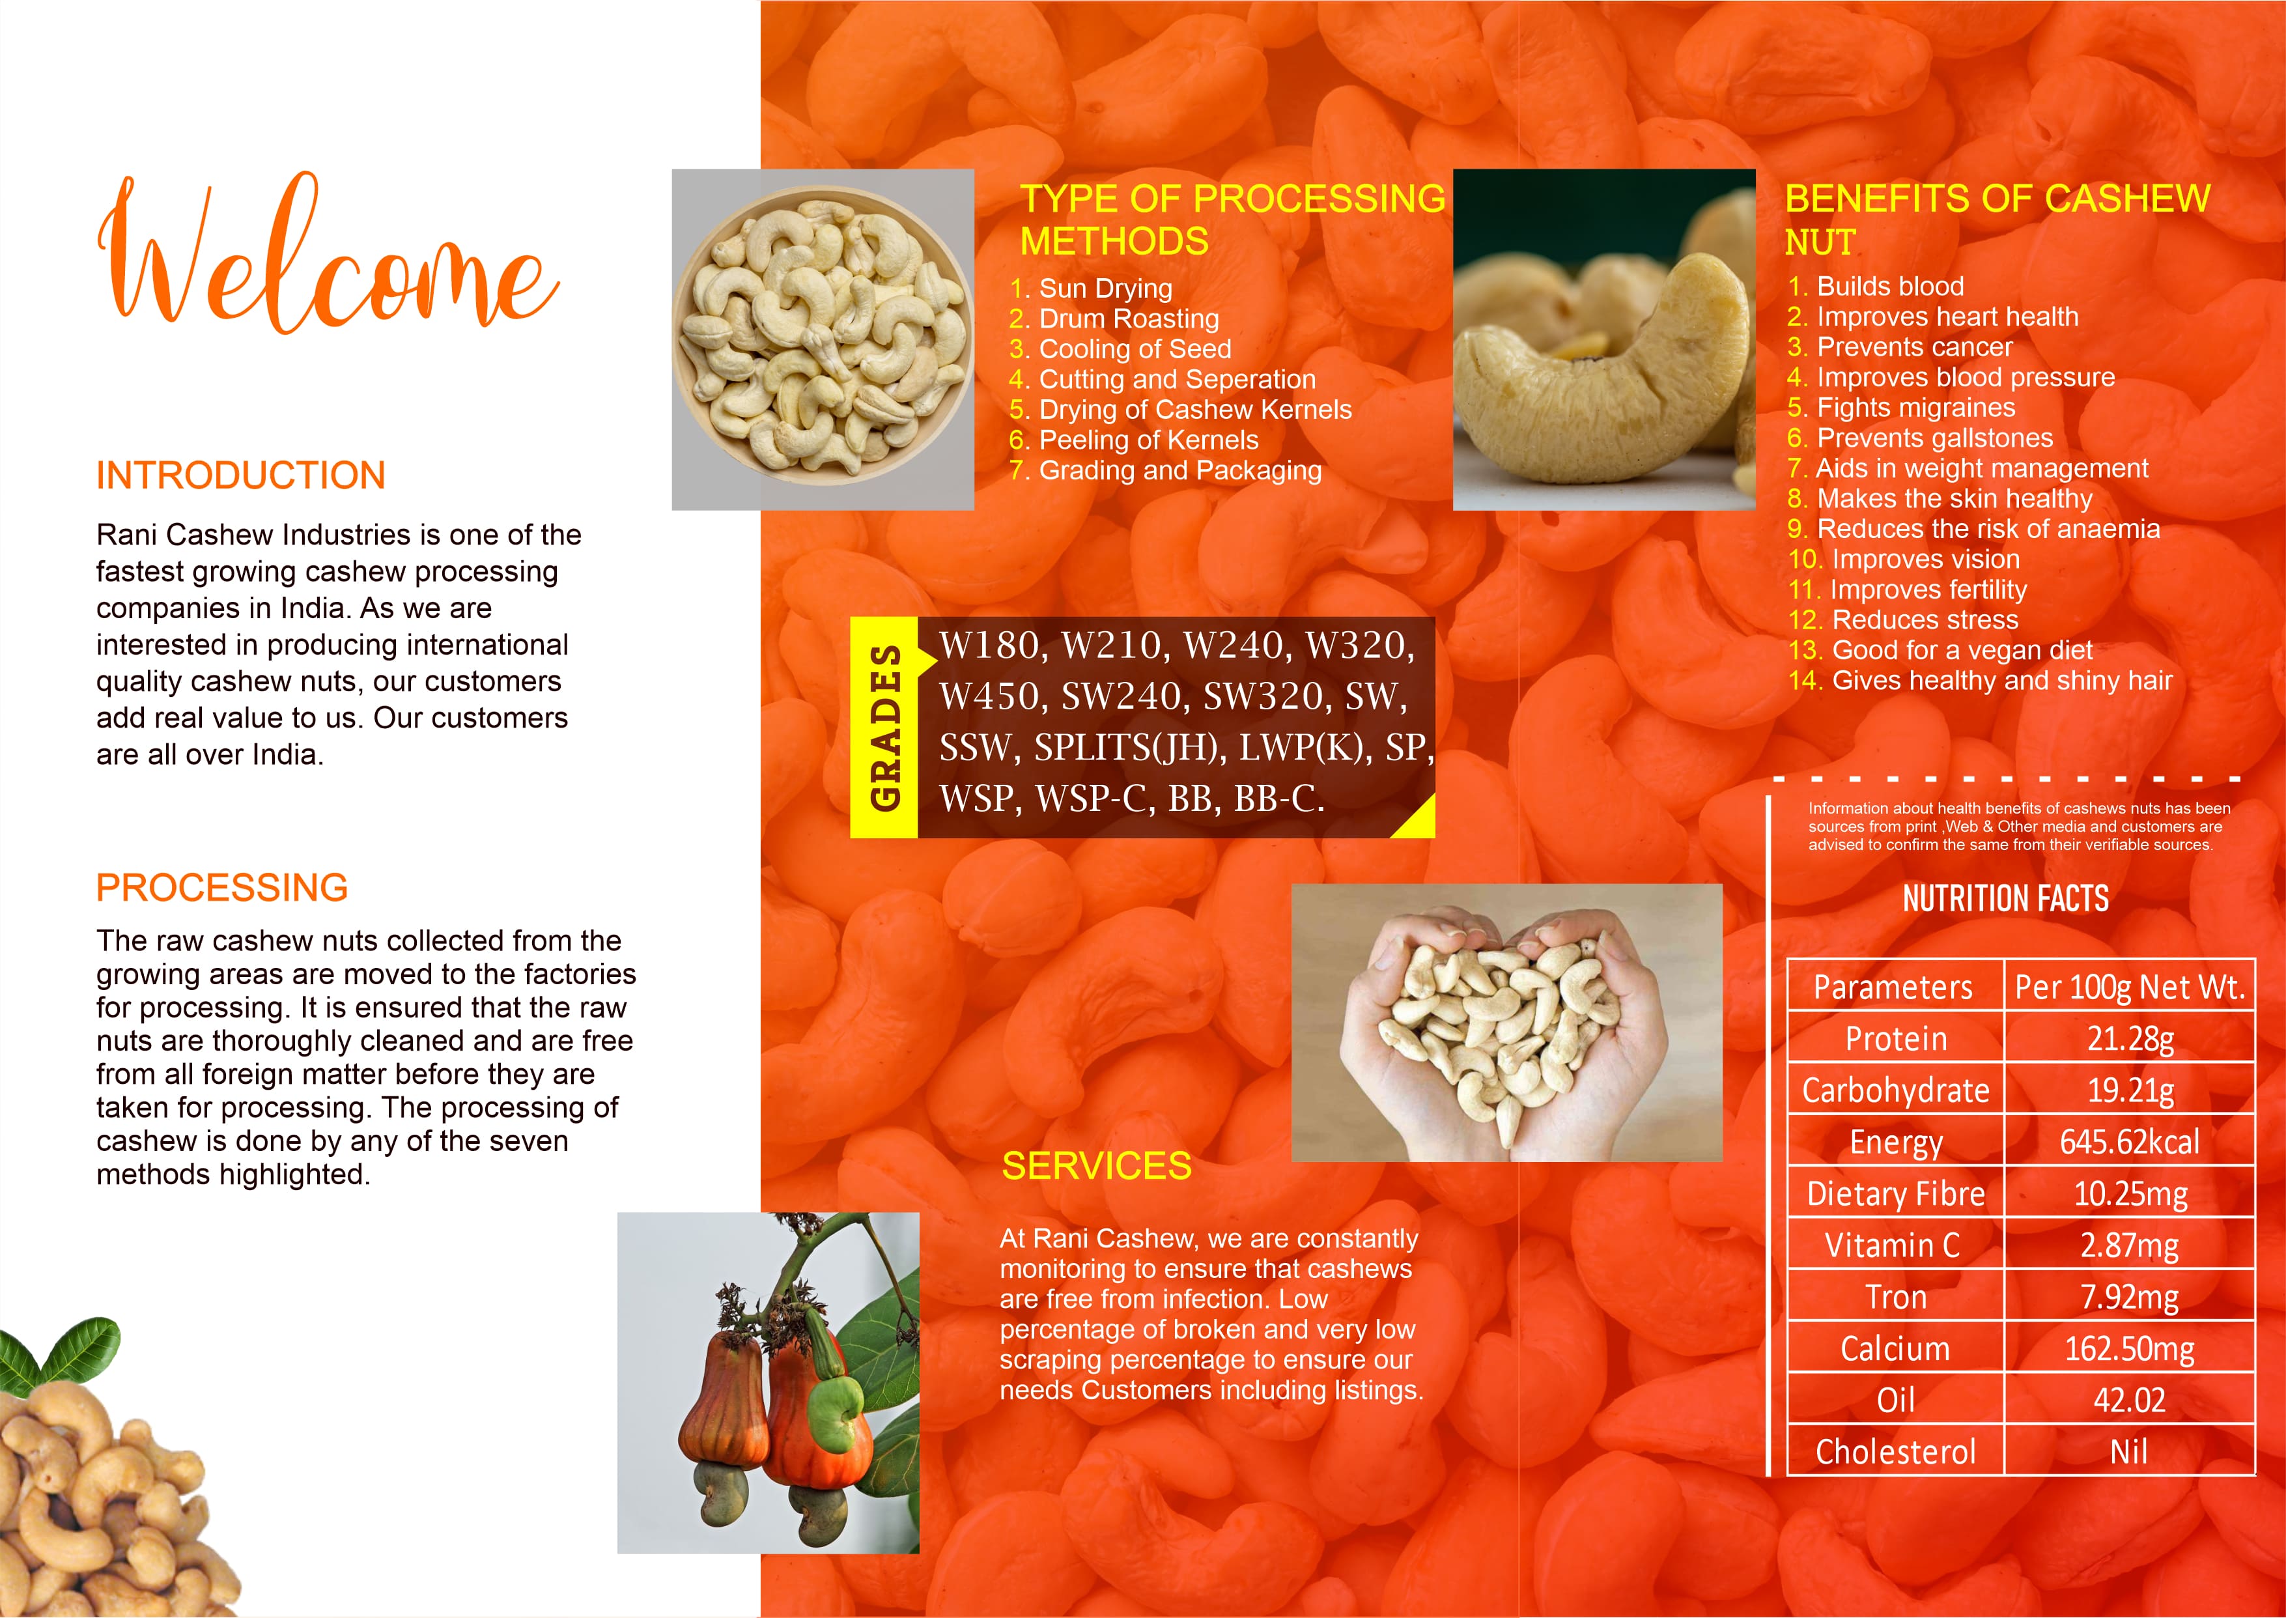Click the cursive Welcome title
(x=329, y=254)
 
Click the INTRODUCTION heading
(x=240, y=475)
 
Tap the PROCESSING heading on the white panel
(x=221, y=888)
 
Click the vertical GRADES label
(x=884, y=728)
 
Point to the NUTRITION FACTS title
(x=2005, y=899)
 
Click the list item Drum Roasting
(x=1129, y=319)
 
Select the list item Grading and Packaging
(x=1180, y=470)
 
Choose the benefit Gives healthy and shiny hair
(x=2002, y=681)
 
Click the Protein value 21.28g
(x=2130, y=1038)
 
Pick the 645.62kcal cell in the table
(x=2130, y=1142)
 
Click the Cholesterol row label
(x=1895, y=1452)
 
